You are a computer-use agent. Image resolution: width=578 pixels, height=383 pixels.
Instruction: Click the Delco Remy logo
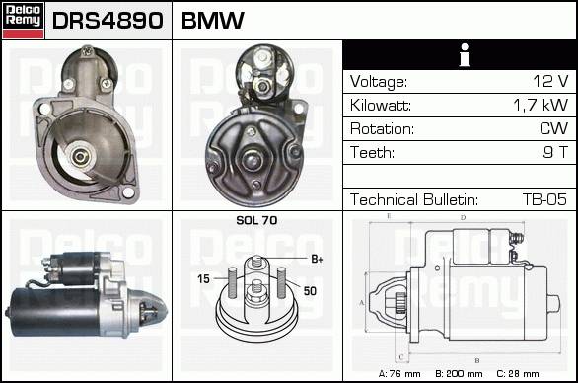[x=24, y=21]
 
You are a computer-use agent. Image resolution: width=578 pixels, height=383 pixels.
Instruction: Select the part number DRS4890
[x=108, y=21]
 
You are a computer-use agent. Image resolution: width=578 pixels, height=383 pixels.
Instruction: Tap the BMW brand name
[x=213, y=21]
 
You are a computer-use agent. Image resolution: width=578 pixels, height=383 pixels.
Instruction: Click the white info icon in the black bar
[x=465, y=55]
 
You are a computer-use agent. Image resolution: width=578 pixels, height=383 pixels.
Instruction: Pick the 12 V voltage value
[x=550, y=81]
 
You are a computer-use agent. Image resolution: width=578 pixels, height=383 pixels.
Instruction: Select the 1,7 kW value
[x=541, y=105]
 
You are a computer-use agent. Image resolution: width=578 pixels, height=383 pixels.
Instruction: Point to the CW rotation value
[x=554, y=128]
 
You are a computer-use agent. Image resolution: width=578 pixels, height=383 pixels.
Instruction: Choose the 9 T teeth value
[x=555, y=152]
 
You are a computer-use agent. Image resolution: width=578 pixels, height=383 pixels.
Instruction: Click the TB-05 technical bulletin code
[x=544, y=199]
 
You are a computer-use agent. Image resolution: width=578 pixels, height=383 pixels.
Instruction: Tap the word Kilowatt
[x=381, y=106]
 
